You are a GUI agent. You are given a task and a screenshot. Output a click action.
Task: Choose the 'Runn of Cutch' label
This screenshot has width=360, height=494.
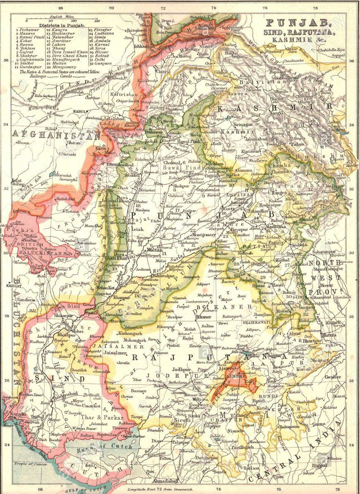[x=111, y=446]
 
